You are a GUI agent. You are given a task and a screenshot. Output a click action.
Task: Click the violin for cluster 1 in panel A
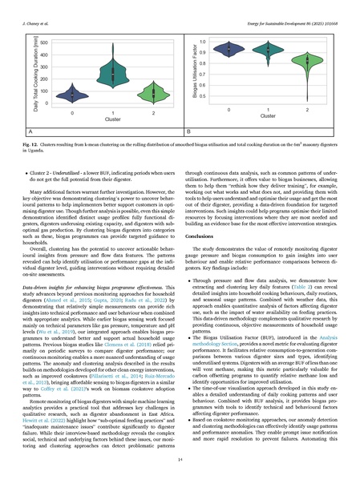103,83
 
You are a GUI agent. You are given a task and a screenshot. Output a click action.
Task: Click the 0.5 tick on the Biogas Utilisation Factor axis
202,96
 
